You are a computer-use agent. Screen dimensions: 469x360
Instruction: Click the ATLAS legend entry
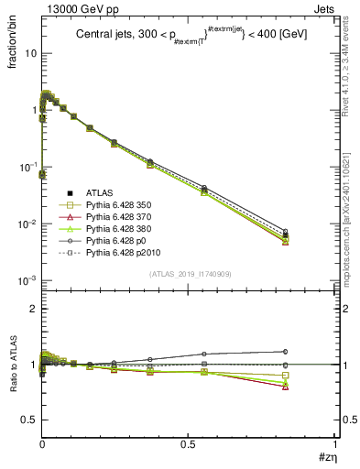pyautogui.click(x=98, y=192)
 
